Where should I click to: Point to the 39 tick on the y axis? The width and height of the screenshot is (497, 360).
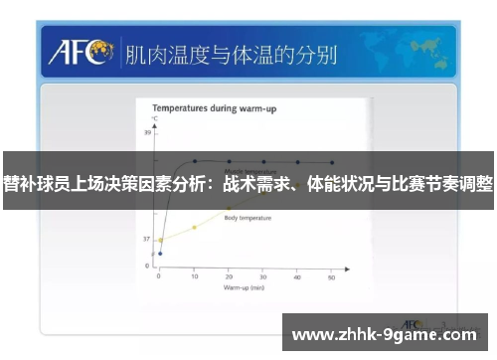(x=150, y=132)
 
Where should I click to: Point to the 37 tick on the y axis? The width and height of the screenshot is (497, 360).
(x=147, y=240)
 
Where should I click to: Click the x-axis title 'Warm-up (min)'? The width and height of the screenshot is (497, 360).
(x=245, y=287)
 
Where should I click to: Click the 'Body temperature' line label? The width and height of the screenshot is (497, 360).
(x=248, y=217)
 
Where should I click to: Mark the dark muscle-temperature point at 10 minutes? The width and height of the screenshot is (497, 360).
(x=195, y=160)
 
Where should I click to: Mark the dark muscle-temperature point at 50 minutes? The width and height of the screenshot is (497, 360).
(x=332, y=161)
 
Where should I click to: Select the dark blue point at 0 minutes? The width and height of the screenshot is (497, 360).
(x=160, y=254)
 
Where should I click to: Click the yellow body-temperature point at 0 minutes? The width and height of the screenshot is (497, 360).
(x=160, y=240)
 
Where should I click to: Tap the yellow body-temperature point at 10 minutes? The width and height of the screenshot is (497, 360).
(x=195, y=228)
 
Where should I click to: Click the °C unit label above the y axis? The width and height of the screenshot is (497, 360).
(x=154, y=119)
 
